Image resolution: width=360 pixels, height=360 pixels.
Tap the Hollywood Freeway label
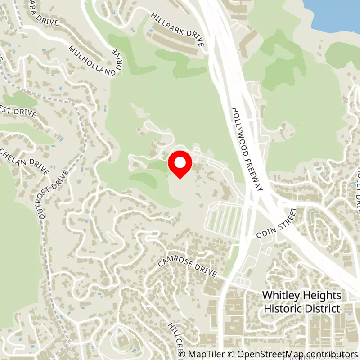[247, 149]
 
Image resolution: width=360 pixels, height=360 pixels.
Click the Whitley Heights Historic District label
[301, 302]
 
